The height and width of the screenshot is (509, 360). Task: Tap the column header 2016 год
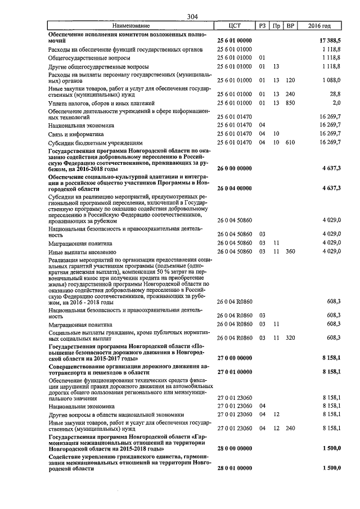tap(319, 26)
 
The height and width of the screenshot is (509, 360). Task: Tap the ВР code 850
tap(290, 103)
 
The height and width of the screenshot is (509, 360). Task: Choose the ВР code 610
tap(290, 143)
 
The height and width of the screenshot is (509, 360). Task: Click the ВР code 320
tap(290, 337)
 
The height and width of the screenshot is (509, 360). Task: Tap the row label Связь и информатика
tap(82, 134)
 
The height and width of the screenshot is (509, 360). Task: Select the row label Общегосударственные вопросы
tap(90, 58)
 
